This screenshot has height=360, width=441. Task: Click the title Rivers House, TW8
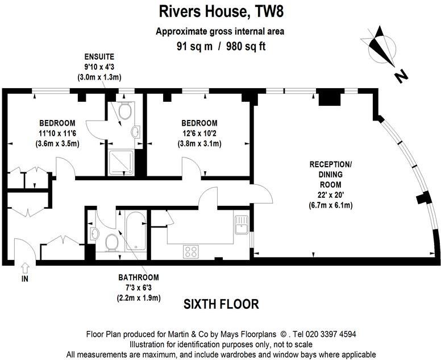tap(220, 12)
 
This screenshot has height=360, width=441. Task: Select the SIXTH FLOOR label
tap(221, 304)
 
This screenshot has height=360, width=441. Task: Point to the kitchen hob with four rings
tap(190, 251)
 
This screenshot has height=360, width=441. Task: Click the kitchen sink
tap(241, 224)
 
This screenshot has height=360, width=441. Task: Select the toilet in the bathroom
tap(112, 242)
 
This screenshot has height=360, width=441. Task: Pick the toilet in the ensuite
tap(126, 111)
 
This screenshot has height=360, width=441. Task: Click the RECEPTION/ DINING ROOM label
tap(330, 174)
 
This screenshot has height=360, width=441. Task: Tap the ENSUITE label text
tap(100, 57)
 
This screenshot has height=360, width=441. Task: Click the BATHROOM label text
tap(139, 278)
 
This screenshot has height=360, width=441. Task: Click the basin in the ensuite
tap(136, 133)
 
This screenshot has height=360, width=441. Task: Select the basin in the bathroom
tap(94, 234)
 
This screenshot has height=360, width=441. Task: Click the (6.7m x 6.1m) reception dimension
tap(330, 205)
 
